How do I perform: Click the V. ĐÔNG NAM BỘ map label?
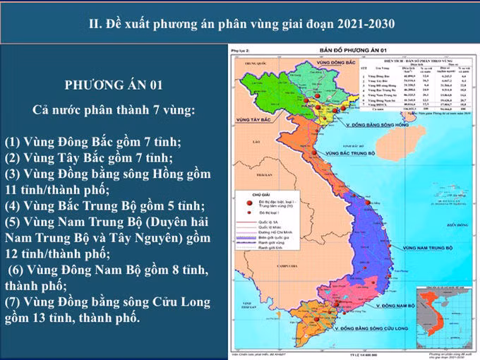(396, 306)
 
